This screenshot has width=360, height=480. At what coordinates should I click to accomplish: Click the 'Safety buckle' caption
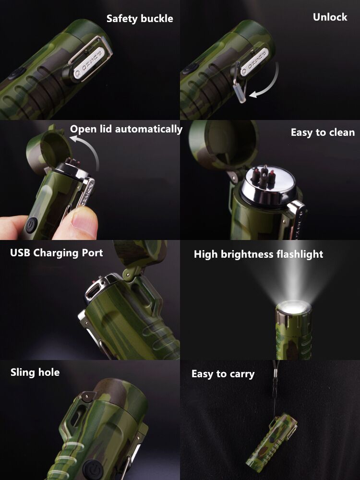click(140, 19)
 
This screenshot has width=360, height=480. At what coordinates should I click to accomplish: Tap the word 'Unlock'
click(330, 17)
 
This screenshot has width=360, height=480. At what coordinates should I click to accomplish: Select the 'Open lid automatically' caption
click(126, 129)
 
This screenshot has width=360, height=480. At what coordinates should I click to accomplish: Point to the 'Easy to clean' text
click(323, 132)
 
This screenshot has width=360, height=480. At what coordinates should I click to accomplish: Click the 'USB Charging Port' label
click(56, 253)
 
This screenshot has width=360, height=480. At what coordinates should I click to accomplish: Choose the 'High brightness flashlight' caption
click(258, 254)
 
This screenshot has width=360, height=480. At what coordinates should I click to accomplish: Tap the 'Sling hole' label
click(35, 372)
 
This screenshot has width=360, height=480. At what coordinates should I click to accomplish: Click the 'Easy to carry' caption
click(223, 374)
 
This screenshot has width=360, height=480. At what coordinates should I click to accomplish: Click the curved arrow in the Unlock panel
click(271, 86)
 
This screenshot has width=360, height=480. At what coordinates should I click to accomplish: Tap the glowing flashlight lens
click(293, 307)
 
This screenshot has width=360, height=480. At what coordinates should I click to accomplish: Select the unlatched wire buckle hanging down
click(240, 86)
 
